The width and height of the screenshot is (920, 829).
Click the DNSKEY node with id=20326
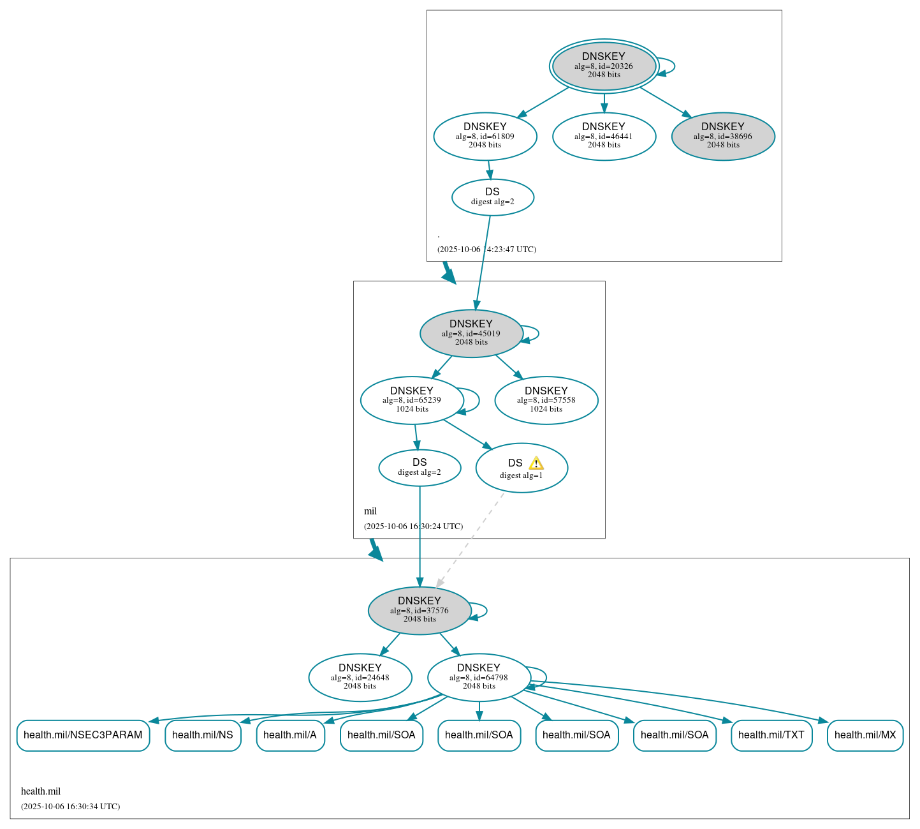coord(604,66)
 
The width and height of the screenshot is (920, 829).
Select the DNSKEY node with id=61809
coord(485,136)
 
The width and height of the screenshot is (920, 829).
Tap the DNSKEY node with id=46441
coord(604,136)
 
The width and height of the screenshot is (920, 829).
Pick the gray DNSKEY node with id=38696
coord(723,136)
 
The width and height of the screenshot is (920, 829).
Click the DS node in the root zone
coord(492,197)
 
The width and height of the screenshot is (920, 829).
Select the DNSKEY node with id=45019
coord(471,333)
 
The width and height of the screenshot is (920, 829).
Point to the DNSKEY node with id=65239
coord(412,400)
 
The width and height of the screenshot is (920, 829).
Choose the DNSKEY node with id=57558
coord(546,400)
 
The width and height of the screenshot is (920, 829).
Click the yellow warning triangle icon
coord(536,463)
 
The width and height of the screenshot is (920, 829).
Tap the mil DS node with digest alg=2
coord(420,467)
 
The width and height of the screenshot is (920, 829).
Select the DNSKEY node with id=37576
coord(420,611)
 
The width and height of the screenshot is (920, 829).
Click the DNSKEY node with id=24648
coord(360,677)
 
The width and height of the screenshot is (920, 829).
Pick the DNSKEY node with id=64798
coord(479,677)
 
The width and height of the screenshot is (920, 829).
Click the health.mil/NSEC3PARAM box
coord(83,735)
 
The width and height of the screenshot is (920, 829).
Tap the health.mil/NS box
coord(203,735)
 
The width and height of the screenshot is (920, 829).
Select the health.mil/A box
coord(290,735)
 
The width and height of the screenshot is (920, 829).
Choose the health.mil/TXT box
coord(771,735)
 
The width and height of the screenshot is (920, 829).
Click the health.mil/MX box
coord(865,735)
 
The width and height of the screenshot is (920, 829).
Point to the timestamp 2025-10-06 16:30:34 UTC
coord(70,807)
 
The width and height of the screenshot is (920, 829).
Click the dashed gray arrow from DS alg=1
coord(471,539)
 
